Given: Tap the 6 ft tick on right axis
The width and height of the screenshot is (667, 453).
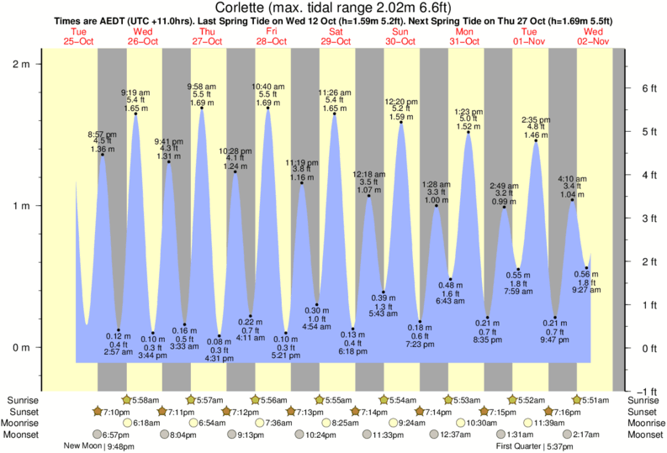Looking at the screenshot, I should [647, 87].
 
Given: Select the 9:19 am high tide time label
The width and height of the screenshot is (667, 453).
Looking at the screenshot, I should [135, 92].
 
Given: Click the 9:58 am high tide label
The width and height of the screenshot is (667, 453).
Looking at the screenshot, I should [201, 87].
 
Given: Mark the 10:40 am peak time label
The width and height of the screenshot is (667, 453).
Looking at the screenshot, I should [267, 87].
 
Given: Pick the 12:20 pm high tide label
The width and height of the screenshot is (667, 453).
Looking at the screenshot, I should [400, 103].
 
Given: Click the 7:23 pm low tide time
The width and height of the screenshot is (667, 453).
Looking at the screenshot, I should [419, 345].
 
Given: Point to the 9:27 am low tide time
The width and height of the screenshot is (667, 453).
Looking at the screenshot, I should [586, 290].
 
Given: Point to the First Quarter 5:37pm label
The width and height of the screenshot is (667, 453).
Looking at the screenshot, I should [531, 446].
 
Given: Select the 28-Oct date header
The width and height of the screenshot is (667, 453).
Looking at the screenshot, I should [272, 41].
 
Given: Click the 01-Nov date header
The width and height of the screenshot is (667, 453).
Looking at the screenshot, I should [530, 41].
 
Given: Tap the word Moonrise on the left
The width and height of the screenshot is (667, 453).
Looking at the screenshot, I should [25, 423].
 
